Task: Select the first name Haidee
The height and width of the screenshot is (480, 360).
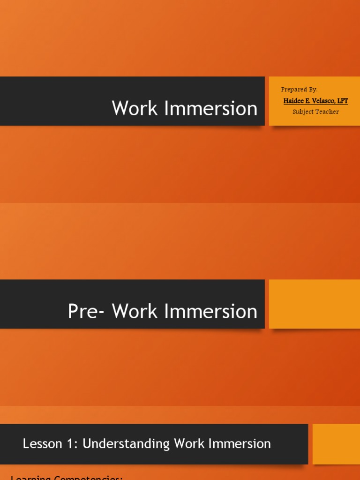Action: (x=294, y=101)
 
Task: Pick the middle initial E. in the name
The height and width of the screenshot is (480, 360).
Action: (x=308, y=101)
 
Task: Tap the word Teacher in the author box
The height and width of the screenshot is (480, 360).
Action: (x=328, y=112)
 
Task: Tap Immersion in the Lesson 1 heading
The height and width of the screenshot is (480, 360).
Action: (x=238, y=444)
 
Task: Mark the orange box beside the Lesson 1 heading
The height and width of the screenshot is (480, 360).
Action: (x=336, y=444)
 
